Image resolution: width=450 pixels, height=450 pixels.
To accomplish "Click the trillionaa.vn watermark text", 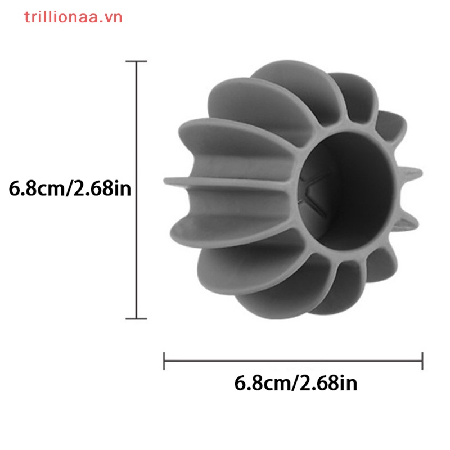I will point(73,17).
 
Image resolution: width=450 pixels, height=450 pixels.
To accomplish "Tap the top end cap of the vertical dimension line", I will point(137,61).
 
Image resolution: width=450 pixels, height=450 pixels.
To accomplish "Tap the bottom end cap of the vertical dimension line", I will point(137,319).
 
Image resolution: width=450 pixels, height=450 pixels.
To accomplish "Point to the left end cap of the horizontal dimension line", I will point(164,361).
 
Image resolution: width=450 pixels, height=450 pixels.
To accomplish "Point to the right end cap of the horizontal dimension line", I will point(422,361).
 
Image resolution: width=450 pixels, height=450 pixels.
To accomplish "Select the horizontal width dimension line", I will point(292,361).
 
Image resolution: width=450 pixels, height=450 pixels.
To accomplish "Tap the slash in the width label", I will point(294,384).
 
